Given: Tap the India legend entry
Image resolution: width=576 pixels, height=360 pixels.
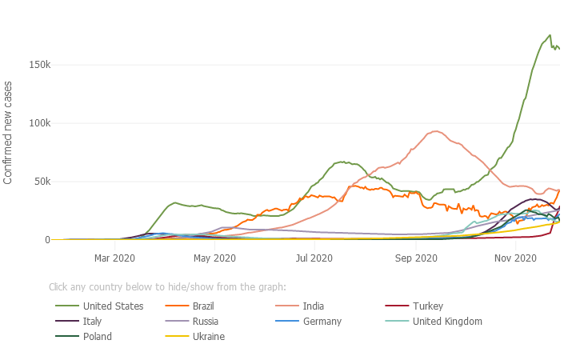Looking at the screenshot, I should point(313,306).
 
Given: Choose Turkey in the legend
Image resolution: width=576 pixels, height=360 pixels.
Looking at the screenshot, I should point(427,306).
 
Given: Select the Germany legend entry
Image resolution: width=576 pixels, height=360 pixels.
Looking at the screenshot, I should point(322,322).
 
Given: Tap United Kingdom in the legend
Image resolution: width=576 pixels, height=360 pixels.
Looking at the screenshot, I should point(447,322).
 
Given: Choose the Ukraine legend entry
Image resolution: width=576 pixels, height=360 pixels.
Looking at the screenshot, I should point(208,337).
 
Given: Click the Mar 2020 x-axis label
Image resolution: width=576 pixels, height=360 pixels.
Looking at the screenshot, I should point(114,258).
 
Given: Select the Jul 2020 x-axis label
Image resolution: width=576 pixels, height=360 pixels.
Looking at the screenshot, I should point(314,258).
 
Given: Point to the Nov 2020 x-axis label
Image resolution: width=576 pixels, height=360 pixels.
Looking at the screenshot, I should point(515,258).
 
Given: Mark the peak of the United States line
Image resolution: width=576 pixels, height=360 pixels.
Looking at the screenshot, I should point(550,35).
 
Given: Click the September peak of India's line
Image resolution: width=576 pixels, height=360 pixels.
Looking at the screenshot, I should point(436,131).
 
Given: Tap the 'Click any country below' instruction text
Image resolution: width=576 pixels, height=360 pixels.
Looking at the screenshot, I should point(167,287).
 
